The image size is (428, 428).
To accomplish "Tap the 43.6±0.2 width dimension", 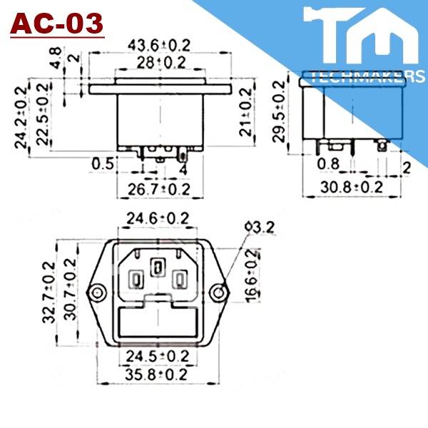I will (x=159, y=45).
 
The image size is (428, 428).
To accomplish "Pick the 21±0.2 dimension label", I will (x=246, y=113).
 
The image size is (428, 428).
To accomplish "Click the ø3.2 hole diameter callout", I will (x=259, y=228).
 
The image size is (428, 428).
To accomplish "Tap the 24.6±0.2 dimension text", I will (x=158, y=218).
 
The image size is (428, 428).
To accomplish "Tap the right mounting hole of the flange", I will (x=220, y=291).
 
